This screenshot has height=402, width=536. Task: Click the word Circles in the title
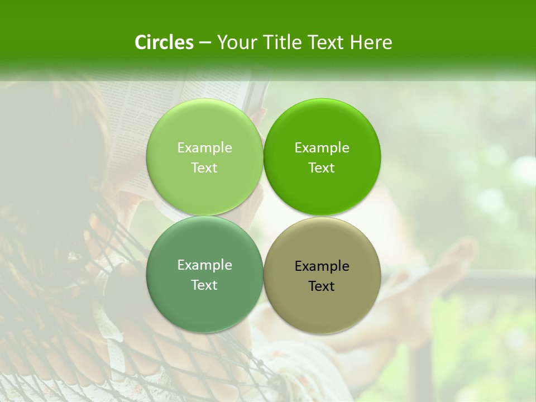(x=164, y=42)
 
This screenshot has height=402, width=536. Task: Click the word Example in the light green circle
(x=204, y=147)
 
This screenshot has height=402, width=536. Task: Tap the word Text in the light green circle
(x=204, y=167)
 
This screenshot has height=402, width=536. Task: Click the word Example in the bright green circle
(x=322, y=147)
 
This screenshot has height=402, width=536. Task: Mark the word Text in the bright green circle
(x=322, y=167)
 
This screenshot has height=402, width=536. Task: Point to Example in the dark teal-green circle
(x=204, y=265)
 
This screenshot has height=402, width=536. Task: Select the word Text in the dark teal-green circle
(x=204, y=285)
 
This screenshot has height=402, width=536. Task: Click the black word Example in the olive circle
(x=322, y=266)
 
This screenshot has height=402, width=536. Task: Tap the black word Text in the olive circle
(x=322, y=286)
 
